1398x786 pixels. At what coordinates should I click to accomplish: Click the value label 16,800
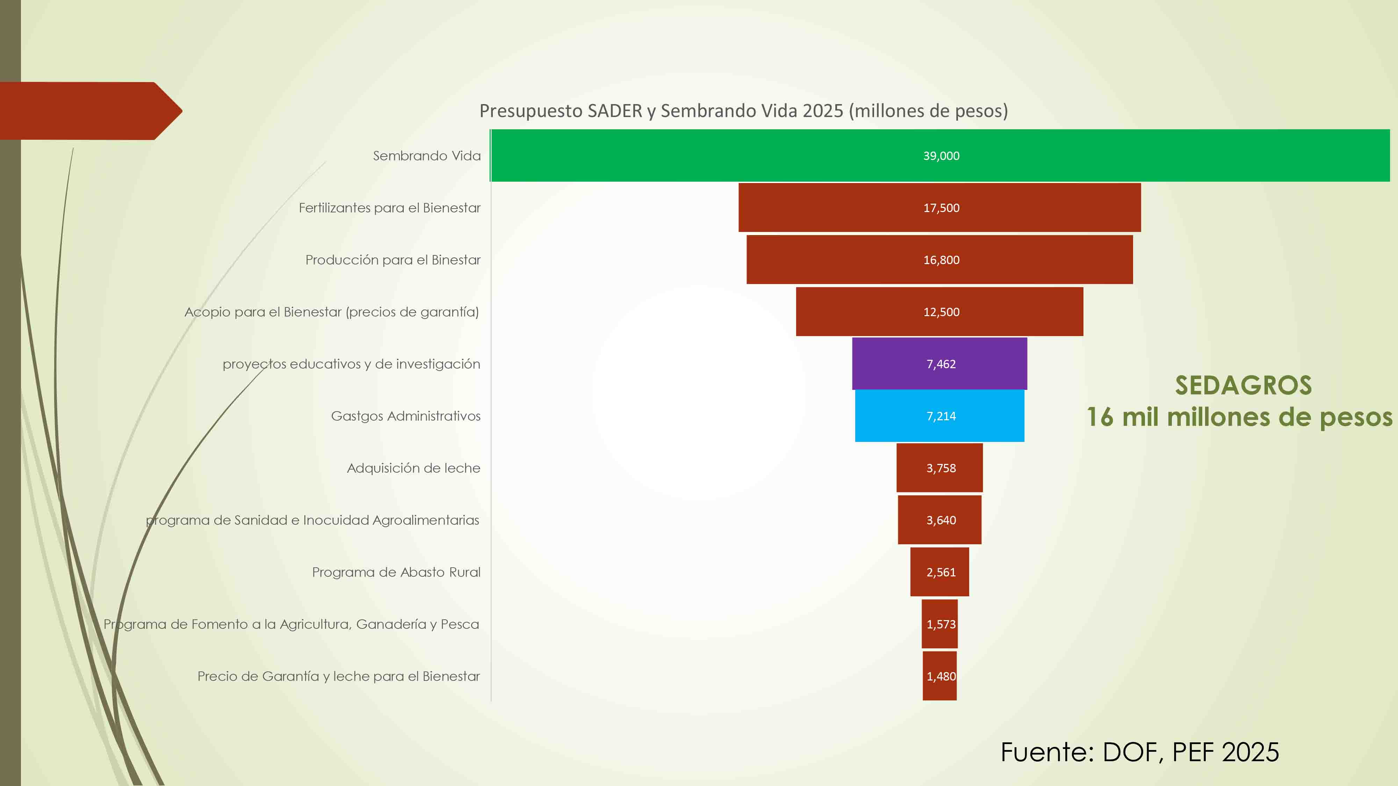coord(941,260)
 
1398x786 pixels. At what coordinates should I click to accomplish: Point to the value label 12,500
coord(941,312)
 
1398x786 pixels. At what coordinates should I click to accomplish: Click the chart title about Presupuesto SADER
coord(743,111)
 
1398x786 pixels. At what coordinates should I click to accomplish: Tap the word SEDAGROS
coord(1243,385)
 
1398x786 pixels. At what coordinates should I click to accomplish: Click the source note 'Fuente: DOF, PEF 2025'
coord(1140,752)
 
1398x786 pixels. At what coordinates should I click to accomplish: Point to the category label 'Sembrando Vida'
coord(426,156)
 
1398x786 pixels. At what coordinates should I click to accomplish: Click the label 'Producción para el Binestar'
coord(393,260)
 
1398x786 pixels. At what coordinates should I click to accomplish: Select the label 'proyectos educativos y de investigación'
coord(351,364)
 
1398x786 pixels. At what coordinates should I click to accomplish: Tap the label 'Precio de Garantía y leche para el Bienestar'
coord(339,676)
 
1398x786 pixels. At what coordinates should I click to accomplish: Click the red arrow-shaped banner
coord(87,111)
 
